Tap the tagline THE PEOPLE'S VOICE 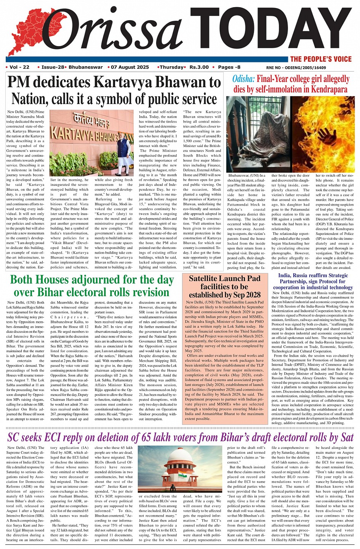coord(321,59)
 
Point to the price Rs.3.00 coord(199,67)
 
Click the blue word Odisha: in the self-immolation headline coord(243,79)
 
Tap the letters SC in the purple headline coord(17,437)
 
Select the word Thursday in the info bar coord(171,67)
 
